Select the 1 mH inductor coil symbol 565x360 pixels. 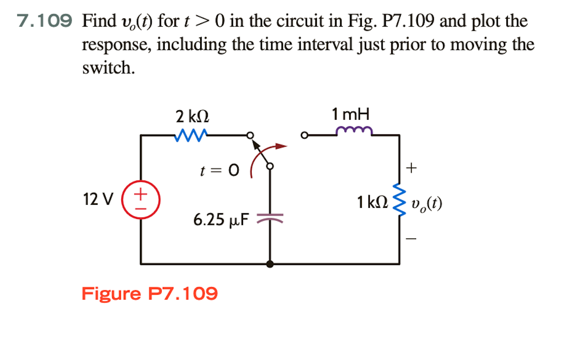(x=354, y=131)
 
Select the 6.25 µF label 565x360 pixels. (x=221, y=220)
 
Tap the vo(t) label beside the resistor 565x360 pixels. (x=427, y=204)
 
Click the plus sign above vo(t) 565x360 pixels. (x=414, y=167)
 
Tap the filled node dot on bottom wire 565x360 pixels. (x=270, y=263)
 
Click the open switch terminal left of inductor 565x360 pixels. (x=304, y=136)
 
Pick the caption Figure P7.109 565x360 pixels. (x=150, y=293)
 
